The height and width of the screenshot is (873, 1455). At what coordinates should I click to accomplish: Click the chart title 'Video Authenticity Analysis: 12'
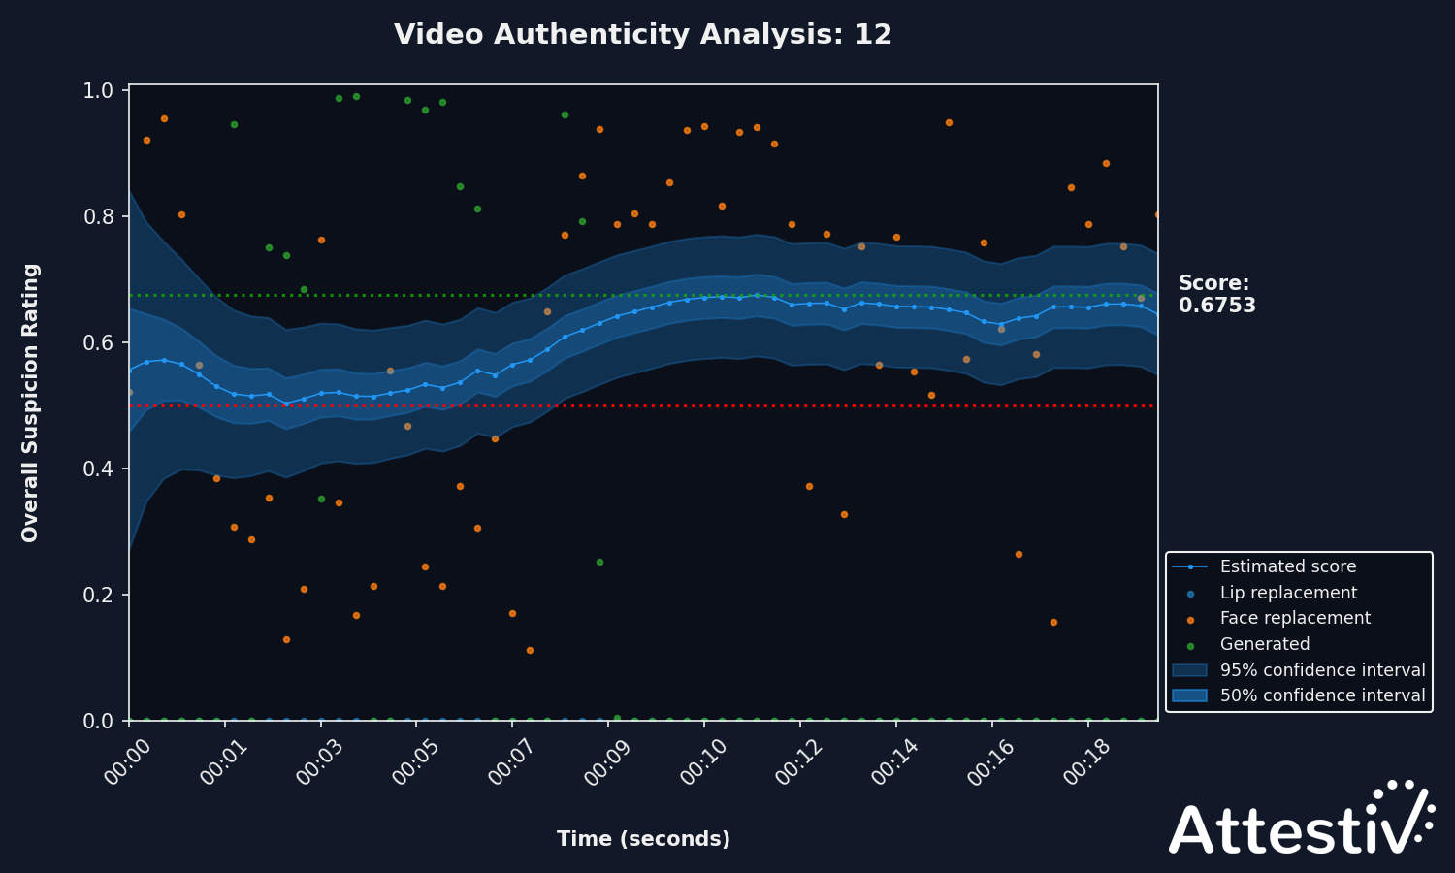click(x=642, y=35)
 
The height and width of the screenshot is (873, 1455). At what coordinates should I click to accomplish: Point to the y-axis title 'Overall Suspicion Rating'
click(x=30, y=403)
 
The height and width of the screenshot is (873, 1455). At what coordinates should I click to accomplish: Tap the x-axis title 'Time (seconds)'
click(x=643, y=839)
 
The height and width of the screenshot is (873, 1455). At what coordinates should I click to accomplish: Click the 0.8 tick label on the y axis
click(x=99, y=216)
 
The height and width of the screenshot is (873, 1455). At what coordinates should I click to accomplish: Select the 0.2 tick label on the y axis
click(x=99, y=595)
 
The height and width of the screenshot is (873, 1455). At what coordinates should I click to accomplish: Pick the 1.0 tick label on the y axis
click(x=99, y=90)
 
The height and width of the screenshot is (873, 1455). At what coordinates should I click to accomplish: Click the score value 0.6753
click(x=1216, y=306)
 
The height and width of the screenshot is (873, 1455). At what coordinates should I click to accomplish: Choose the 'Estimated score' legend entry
click(x=1287, y=566)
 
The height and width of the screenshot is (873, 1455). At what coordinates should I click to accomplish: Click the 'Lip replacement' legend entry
click(x=1288, y=593)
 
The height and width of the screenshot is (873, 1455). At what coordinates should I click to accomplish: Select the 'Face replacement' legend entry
click(x=1295, y=618)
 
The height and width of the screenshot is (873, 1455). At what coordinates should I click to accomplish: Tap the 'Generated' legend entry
click(x=1264, y=644)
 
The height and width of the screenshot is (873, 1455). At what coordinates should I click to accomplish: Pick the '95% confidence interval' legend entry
click(x=1322, y=670)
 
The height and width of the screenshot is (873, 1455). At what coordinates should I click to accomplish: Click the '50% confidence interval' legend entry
click(x=1322, y=695)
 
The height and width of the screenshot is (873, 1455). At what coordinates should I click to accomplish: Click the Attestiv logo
click(x=1300, y=821)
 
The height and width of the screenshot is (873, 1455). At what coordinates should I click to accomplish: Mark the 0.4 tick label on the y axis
click(x=99, y=469)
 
